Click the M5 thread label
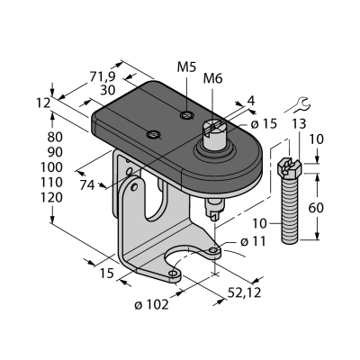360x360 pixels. coord(186,67)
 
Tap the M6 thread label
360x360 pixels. coord(212,78)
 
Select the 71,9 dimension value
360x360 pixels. coord(103,77)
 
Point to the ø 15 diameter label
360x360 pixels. coord(264,123)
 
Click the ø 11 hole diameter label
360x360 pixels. coord(253,241)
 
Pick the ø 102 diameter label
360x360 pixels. coord(151,305)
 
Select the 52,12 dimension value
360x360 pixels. coord(245,292)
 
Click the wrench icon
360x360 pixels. coord(302,104)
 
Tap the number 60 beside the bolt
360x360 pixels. coord(316,208)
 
